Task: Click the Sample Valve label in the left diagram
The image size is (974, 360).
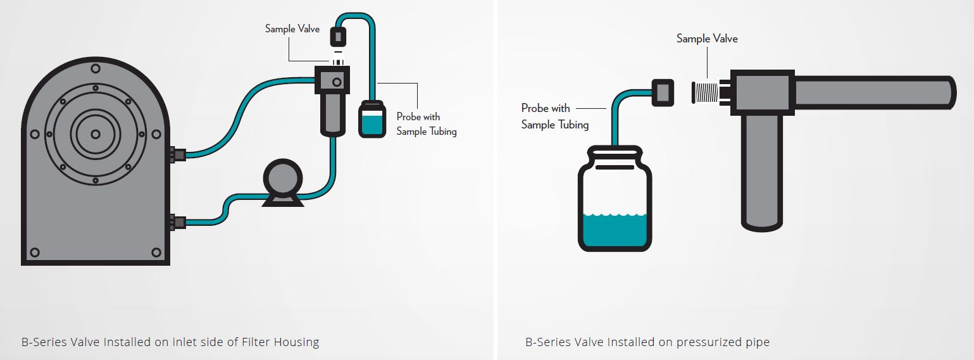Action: [292, 28]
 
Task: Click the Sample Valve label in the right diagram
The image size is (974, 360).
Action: [707, 39]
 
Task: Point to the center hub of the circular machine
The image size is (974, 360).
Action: [95, 133]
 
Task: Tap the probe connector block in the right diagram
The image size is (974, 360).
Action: [662, 92]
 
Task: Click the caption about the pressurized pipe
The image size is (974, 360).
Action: [647, 342]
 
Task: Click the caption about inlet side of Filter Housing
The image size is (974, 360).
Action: [170, 342]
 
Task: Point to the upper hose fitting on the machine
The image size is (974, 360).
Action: [177, 154]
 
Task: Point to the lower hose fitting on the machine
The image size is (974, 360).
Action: [177, 221]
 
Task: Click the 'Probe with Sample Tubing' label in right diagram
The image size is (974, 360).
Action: [554, 116]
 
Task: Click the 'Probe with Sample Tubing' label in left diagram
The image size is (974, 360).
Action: [426, 124]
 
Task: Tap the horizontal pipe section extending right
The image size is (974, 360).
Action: [873, 92]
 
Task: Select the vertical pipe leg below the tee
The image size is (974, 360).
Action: [762, 171]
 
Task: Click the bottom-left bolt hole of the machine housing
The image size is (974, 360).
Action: [35, 252]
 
